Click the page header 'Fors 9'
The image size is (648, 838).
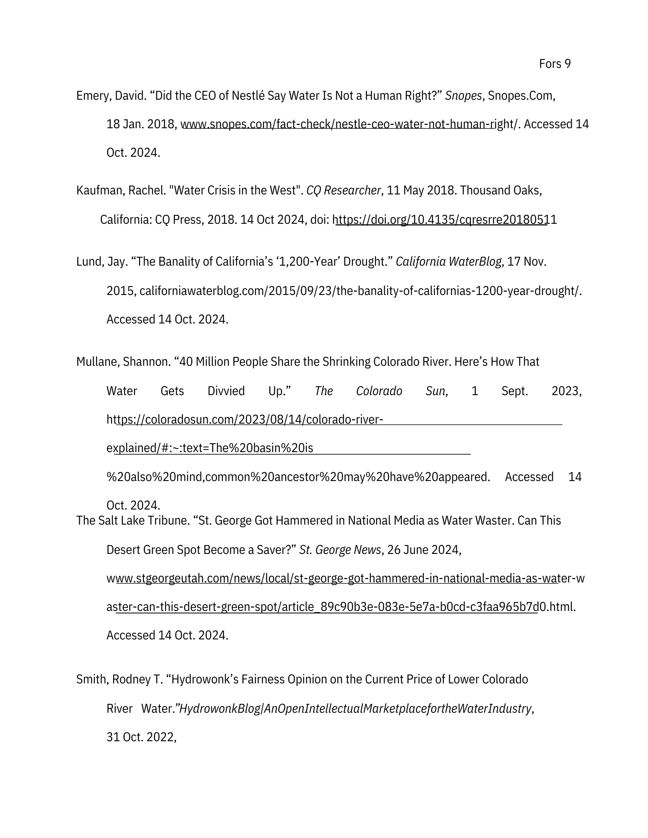coord(554,64)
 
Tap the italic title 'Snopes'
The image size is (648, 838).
coord(463,96)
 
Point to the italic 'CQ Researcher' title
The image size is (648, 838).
coord(344,191)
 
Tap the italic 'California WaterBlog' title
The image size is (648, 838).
coord(448,262)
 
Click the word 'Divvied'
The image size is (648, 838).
coord(226,391)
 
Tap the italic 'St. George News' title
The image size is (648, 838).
coord(340,550)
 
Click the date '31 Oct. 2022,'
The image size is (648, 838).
coord(141,737)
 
